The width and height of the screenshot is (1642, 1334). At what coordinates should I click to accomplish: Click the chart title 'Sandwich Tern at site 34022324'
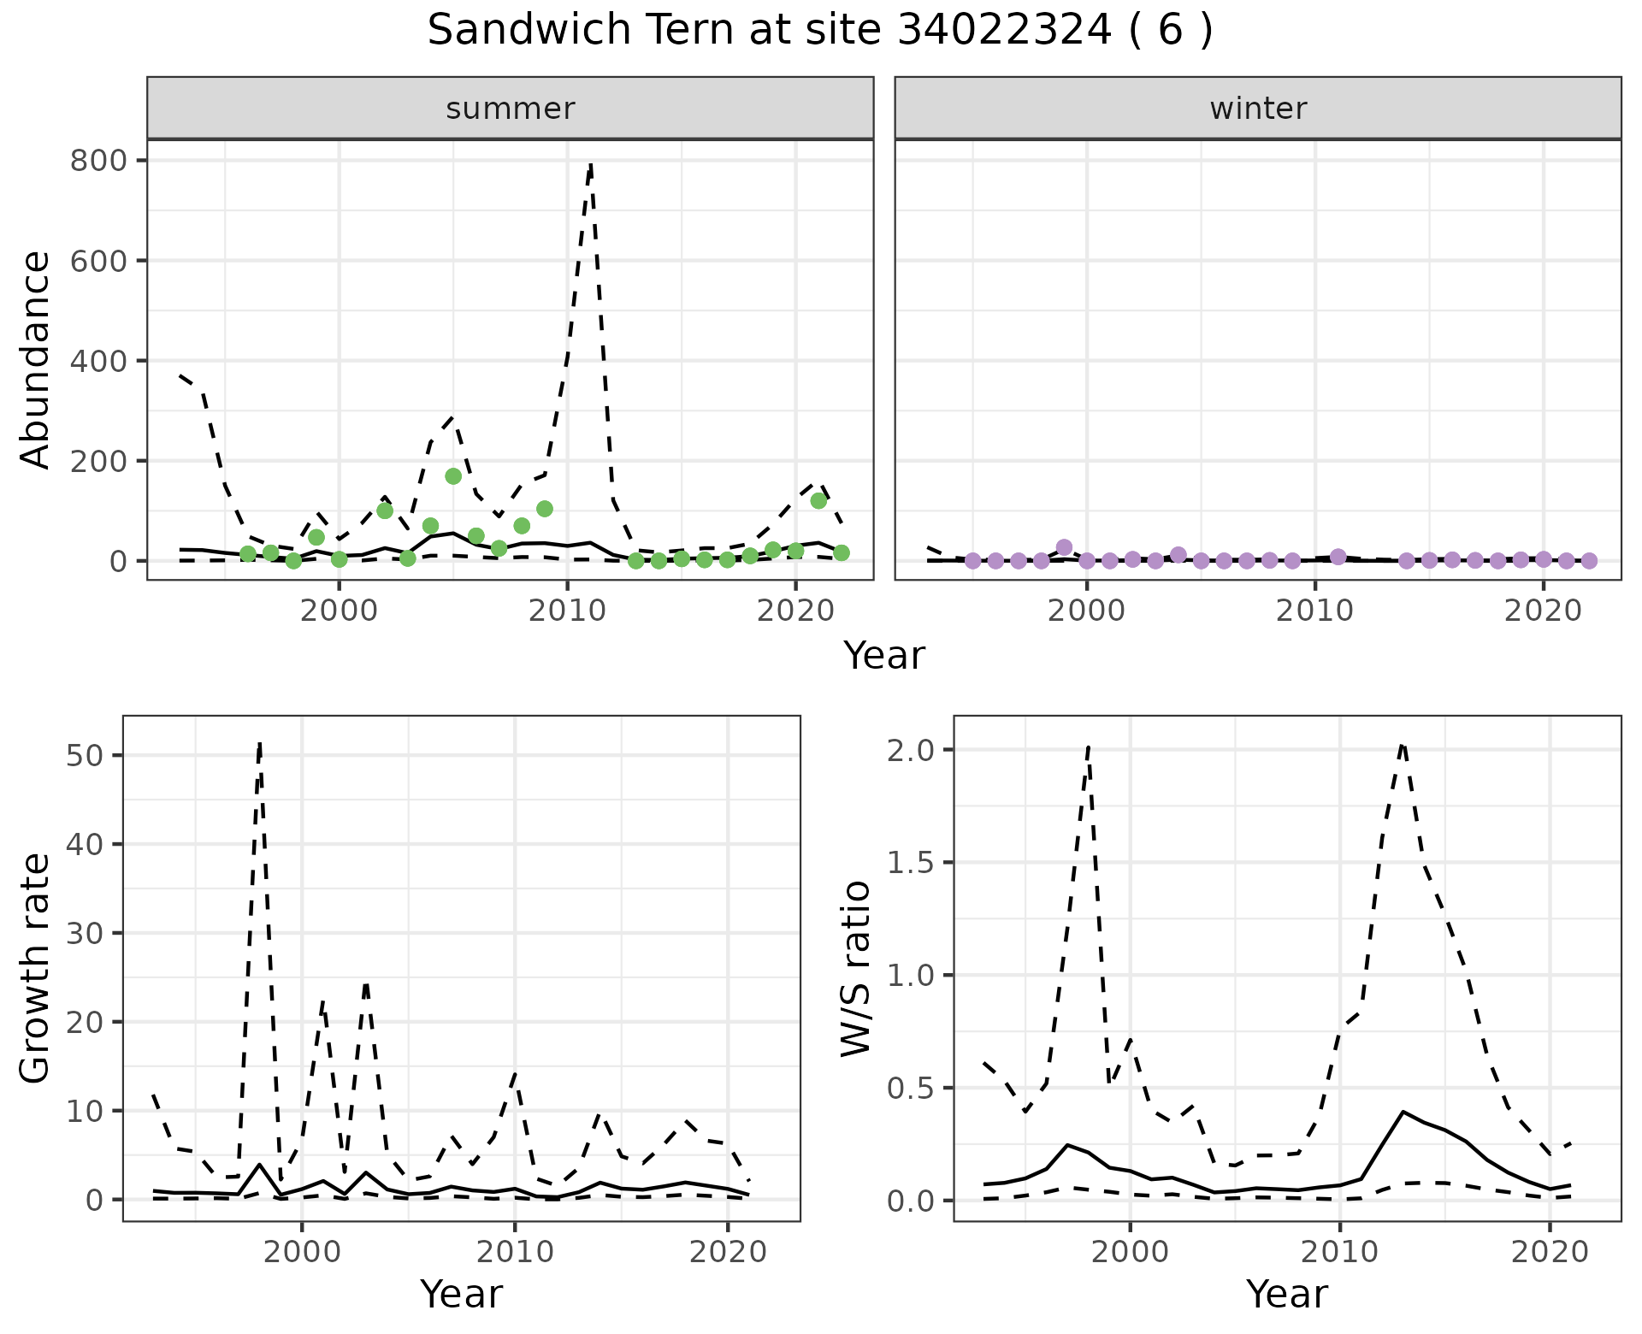pos(819,31)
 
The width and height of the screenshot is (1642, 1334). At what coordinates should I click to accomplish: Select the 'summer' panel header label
pos(510,109)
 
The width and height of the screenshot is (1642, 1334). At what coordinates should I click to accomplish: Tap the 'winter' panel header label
pos(1257,109)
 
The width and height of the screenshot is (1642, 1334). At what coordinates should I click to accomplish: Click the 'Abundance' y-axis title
pos(36,359)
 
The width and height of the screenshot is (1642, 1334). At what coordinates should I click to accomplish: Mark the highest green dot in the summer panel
pos(453,476)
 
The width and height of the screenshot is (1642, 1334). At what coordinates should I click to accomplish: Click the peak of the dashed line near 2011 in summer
pos(590,165)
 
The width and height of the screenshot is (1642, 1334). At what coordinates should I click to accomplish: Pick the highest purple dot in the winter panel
pos(1064,547)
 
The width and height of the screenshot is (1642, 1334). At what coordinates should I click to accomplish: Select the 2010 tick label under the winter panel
pos(1314,611)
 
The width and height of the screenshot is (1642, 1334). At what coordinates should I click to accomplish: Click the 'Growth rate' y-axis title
pos(36,968)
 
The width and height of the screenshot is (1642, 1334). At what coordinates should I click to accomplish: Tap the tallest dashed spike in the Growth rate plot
pos(259,744)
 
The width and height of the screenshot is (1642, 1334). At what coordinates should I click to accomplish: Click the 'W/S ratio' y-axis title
pos(855,968)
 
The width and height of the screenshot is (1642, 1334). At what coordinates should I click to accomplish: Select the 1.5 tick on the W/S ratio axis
pos(910,863)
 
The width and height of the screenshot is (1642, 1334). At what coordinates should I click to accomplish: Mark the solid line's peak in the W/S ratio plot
pos(1403,1112)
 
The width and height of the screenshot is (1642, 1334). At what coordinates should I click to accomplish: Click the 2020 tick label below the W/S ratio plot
pos(1549,1252)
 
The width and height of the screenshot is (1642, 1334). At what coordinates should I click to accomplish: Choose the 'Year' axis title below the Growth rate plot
pos(461,1294)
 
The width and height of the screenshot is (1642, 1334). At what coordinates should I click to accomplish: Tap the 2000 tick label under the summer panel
pos(340,611)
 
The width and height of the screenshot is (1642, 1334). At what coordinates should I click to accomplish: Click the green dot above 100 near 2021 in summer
pos(818,500)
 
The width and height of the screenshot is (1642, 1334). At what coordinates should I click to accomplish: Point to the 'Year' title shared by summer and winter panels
pos(884,656)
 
